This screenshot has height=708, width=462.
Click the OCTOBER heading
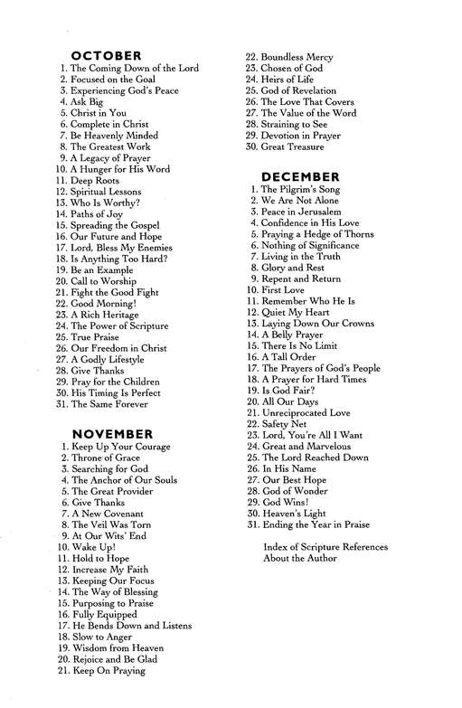point(106,55)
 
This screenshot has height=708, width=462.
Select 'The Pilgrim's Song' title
point(301,190)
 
